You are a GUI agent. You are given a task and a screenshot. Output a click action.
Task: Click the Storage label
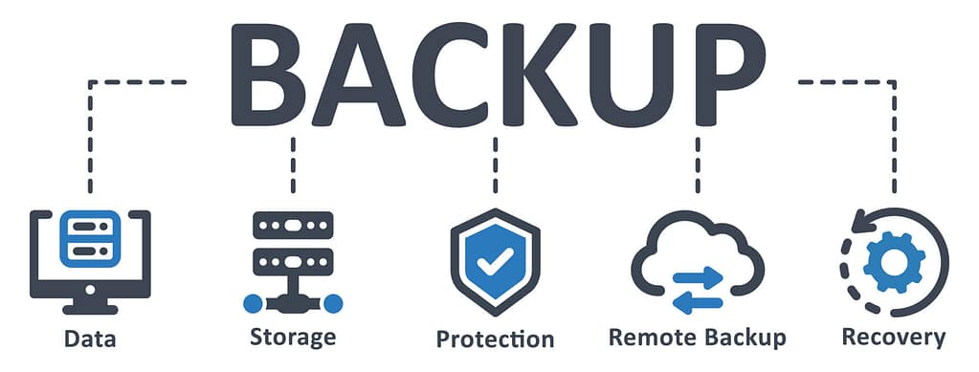tap(293, 337)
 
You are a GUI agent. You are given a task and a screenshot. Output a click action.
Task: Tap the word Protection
tap(495, 339)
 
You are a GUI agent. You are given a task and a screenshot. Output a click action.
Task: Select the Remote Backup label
tap(697, 337)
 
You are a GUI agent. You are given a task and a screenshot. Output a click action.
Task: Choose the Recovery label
tap(893, 337)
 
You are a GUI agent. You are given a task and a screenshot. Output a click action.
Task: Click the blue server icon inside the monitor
tap(90, 238)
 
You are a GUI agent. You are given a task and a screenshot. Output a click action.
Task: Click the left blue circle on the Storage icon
tap(252, 304)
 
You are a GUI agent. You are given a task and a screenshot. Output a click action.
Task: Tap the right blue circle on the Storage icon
tap(333, 304)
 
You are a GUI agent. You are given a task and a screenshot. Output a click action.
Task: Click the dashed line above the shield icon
tap(495, 163)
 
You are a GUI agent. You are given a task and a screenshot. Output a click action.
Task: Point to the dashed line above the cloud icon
tap(697, 163)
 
